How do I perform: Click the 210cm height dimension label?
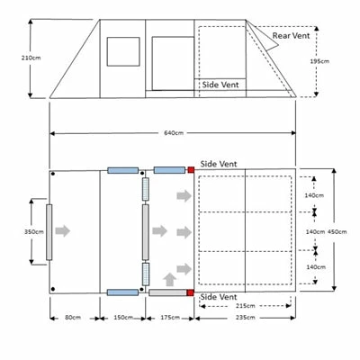tap(31, 58)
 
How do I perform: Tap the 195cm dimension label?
tap(319, 61)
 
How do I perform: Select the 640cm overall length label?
tap(174, 132)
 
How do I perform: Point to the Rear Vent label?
tap(291, 36)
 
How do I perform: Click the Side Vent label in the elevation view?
tap(220, 85)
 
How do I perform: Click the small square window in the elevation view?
tap(123, 51)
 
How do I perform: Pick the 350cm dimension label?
tap(34, 231)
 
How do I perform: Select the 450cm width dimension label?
tap(337, 231)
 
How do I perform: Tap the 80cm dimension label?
tap(73, 318)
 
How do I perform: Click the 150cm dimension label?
tap(123, 318)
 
